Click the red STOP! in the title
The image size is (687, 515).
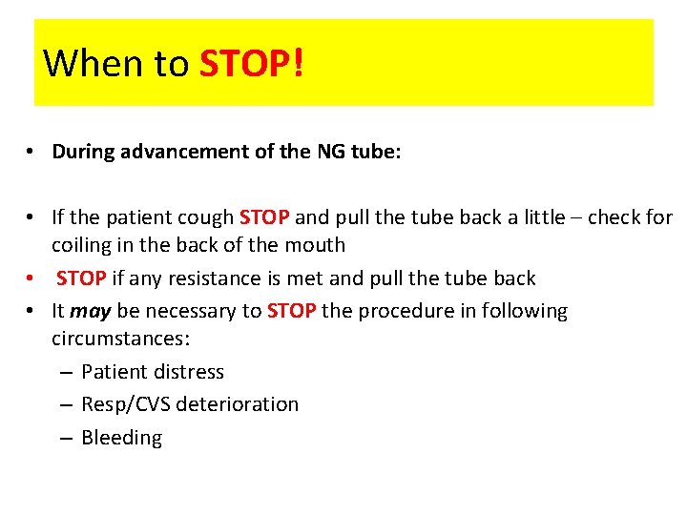(252, 63)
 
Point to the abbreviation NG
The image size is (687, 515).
(329, 152)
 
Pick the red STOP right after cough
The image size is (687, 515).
(264, 216)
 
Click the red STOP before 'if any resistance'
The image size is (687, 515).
(82, 278)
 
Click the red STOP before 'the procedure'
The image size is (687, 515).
(292, 311)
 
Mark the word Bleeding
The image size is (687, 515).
(122, 438)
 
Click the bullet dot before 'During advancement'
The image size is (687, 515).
(31, 153)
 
